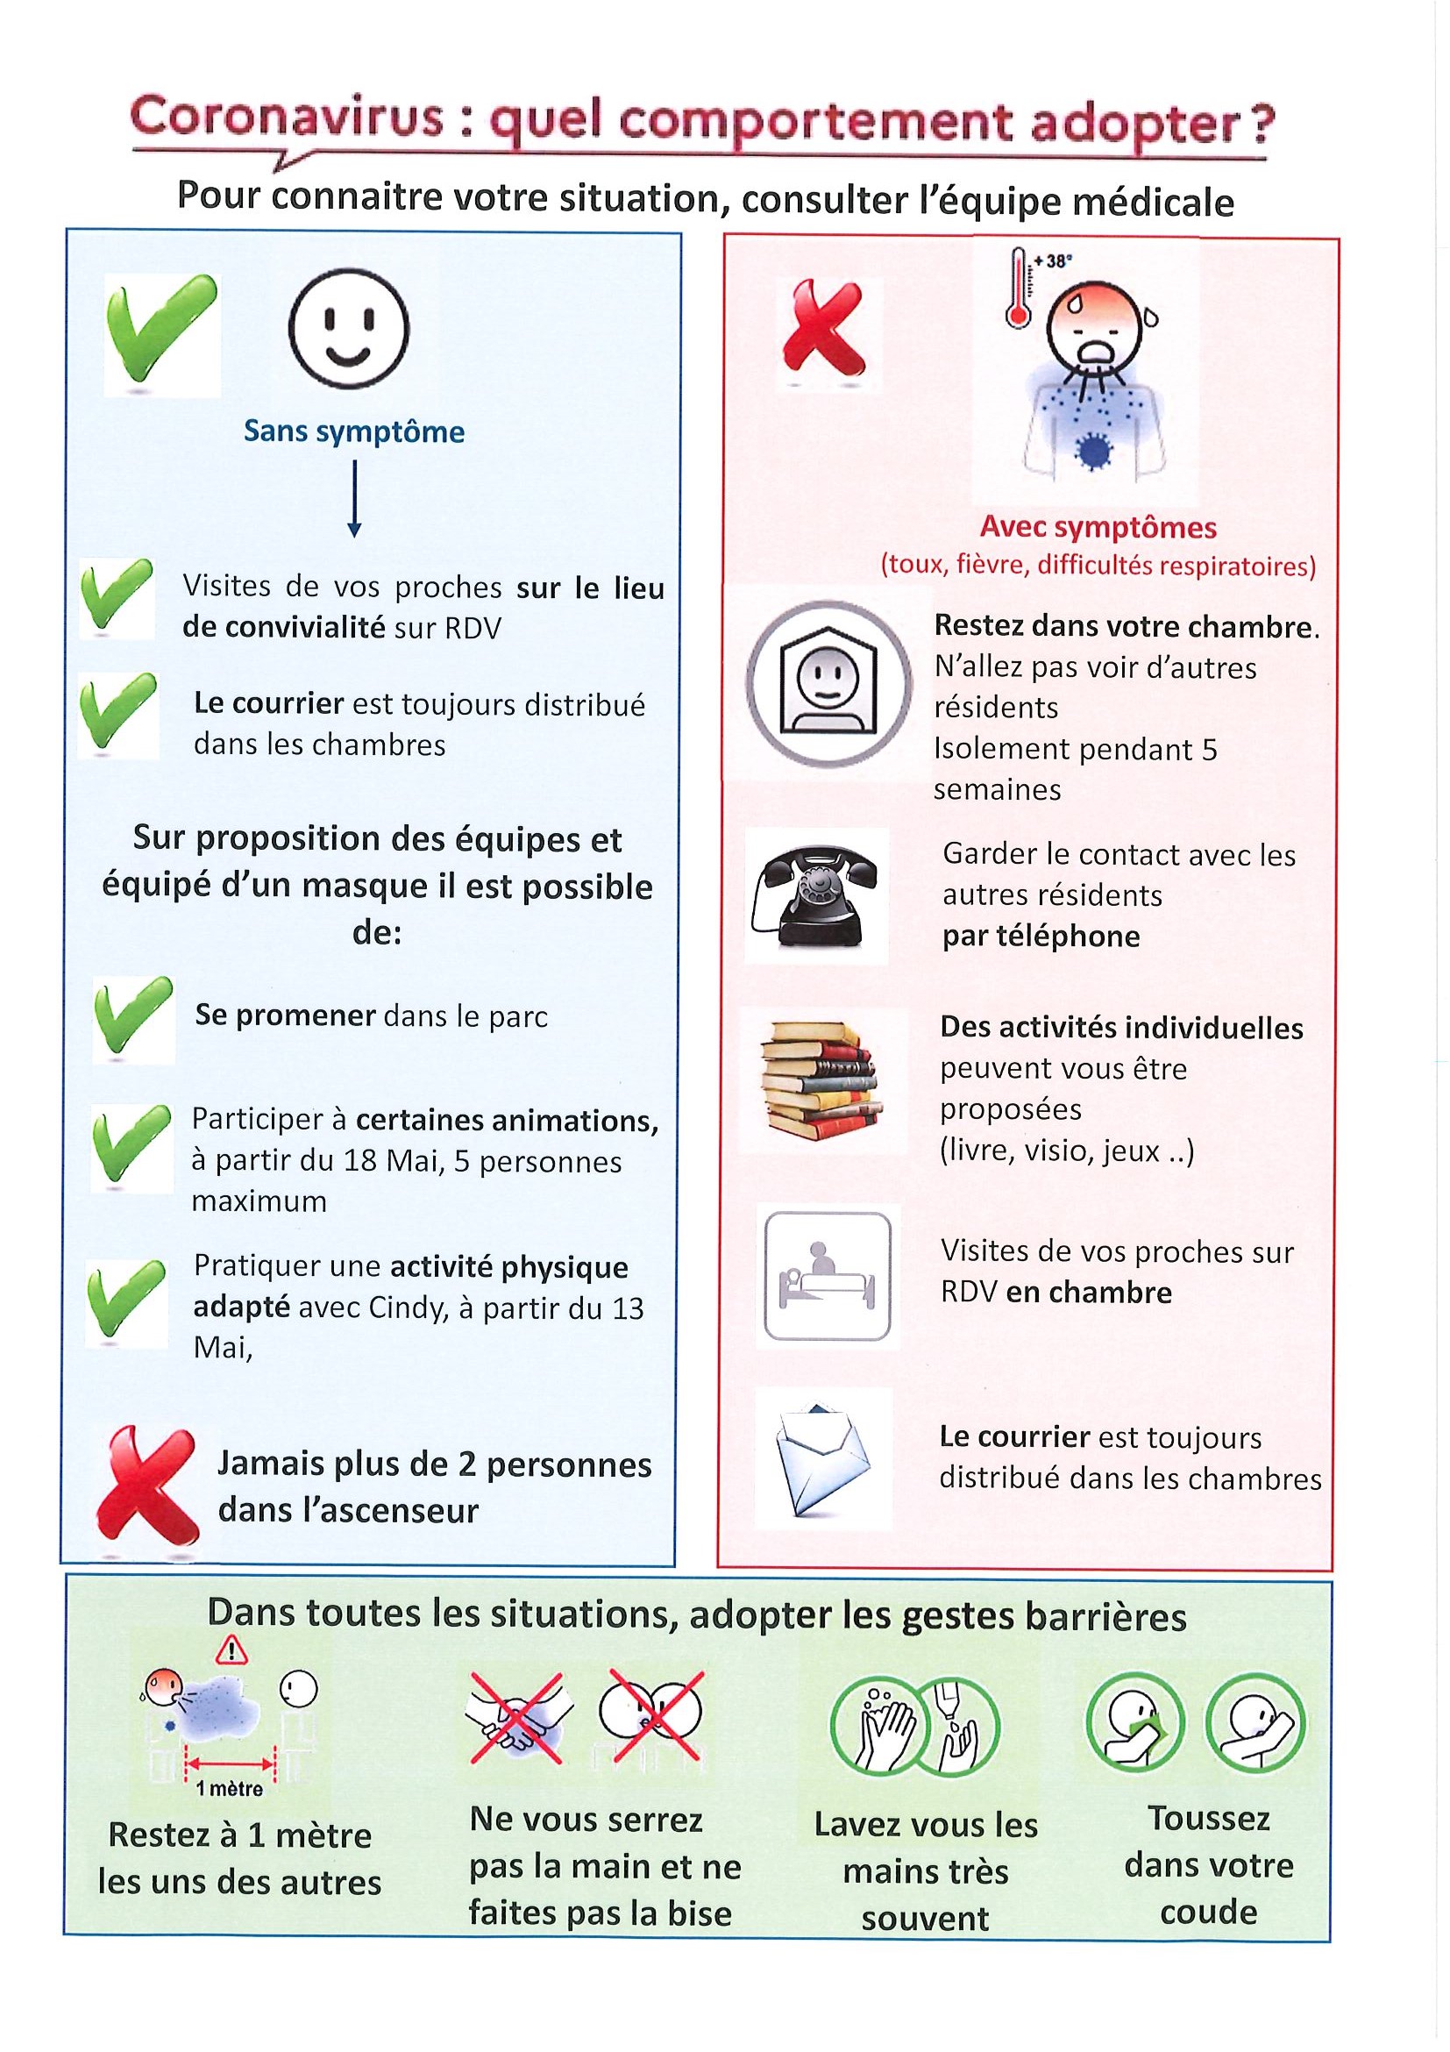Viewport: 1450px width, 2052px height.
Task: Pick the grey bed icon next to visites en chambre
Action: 824,1276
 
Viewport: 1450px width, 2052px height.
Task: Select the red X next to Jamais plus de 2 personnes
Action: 146,1485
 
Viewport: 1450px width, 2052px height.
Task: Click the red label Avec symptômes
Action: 1098,527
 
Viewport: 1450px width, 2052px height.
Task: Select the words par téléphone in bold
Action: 1041,937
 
